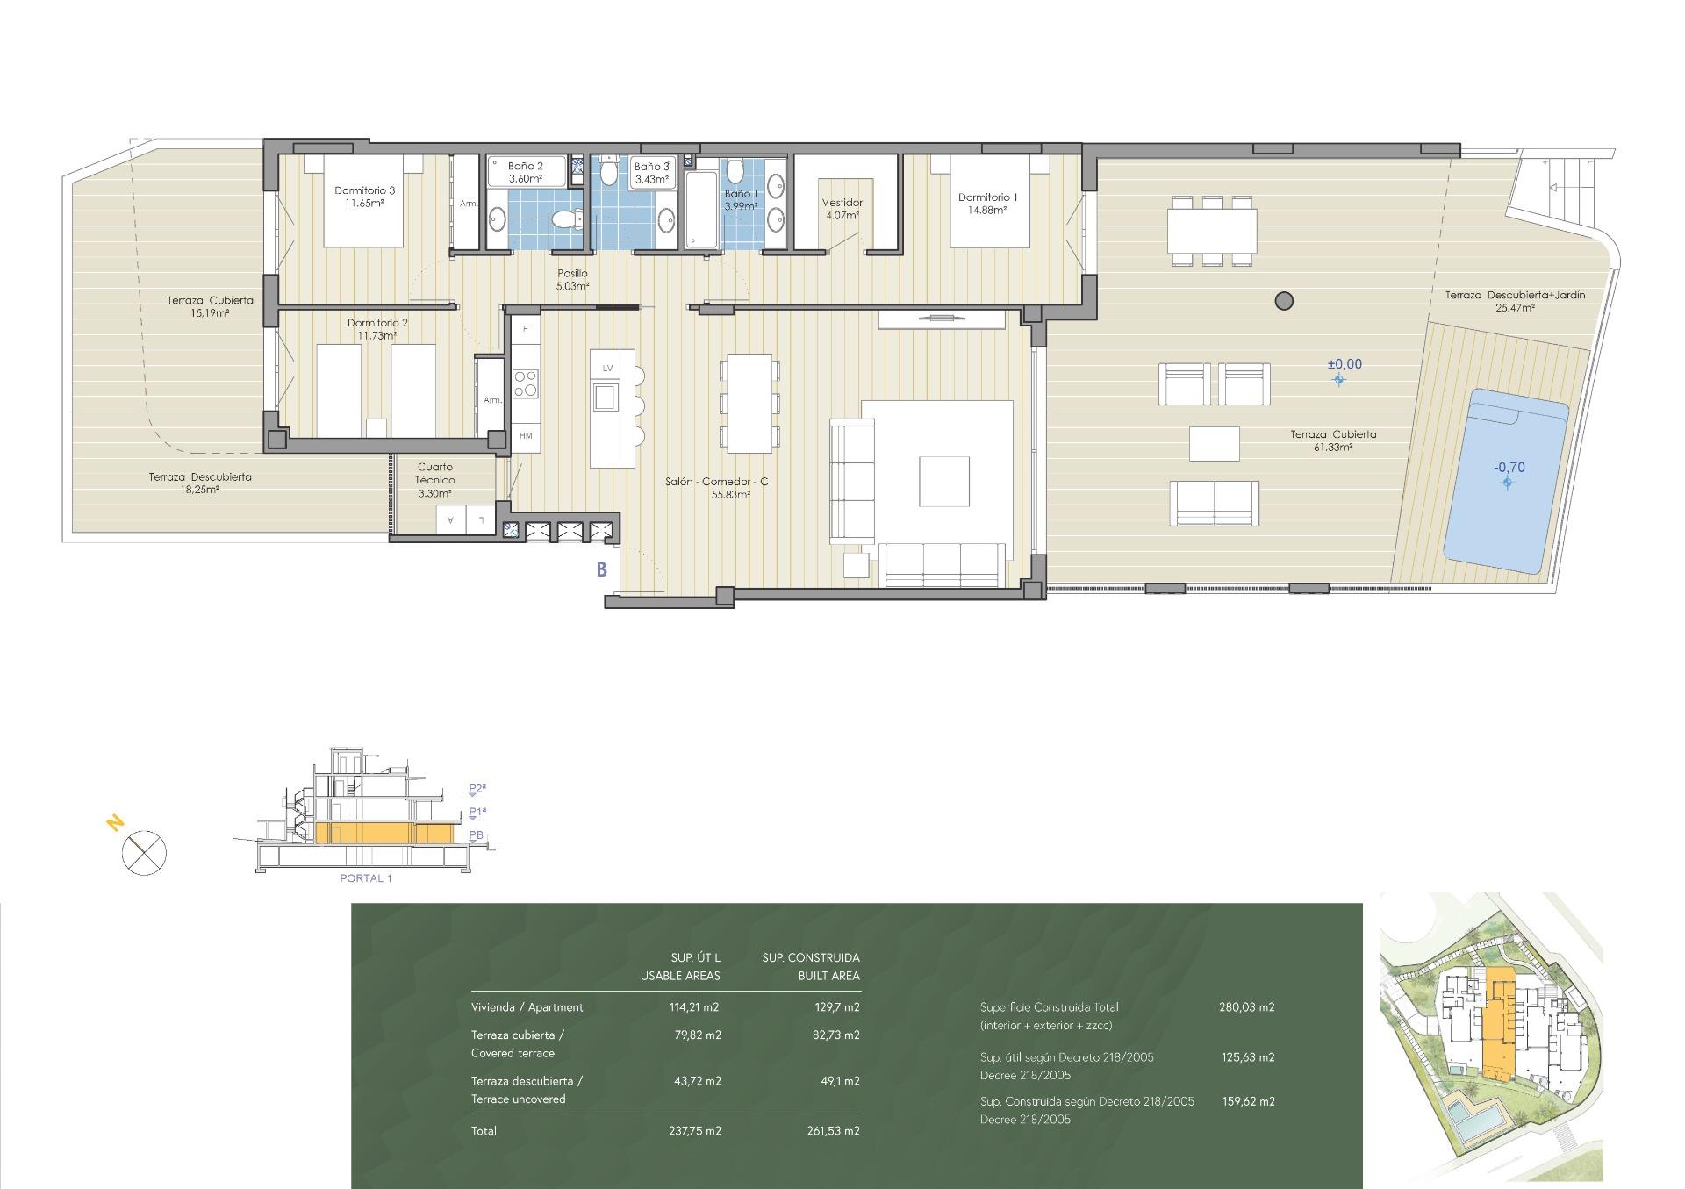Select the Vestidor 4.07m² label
pos(842,208)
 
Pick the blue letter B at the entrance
pos(602,569)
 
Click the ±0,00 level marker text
pos(1344,364)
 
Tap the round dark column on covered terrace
pos(1283,301)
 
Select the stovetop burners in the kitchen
pos(526,383)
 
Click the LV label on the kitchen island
pos(606,368)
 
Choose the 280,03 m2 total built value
pos(1246,1007)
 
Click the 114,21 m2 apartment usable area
pos(694,1007)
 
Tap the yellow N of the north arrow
pos(114,823)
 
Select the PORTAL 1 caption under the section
pos(365,878)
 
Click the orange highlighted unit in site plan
pos(1498,1027)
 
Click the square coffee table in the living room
pos(943,481)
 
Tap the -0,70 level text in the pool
pos(1509,468)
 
